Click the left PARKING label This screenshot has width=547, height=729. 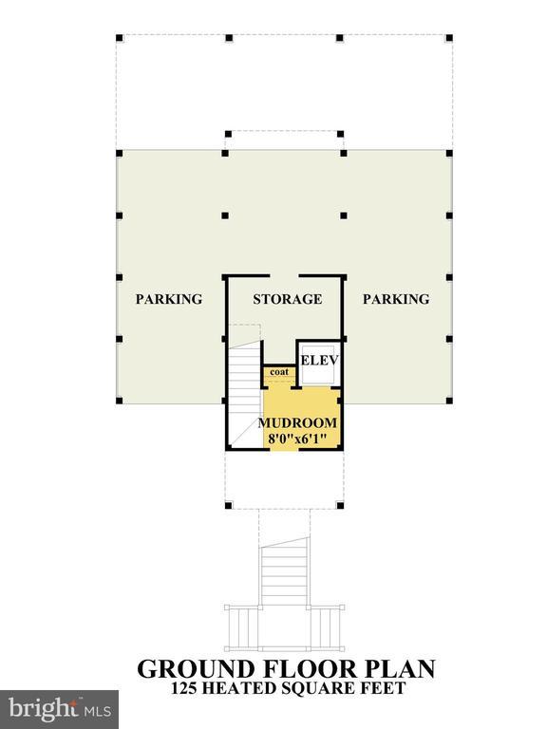[x=169, y=299]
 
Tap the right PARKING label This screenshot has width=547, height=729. [x=396, y=299]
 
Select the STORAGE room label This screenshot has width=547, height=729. [x=287, y=299]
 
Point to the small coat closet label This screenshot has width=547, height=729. [x=278, y=372]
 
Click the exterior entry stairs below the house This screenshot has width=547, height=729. [x=285, y=574]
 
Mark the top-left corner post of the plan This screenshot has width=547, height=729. [x=119, y=39]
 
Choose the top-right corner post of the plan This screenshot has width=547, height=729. [x=449, y=39]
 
